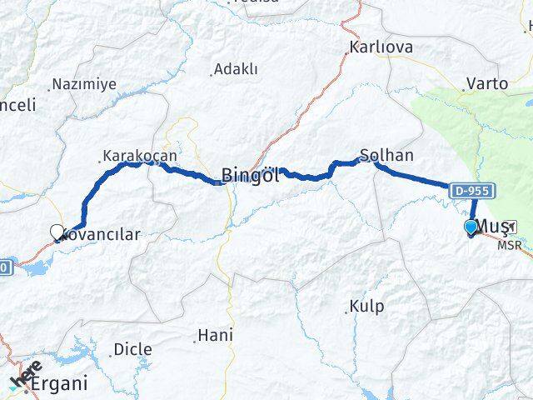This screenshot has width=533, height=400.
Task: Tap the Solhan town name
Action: (x=386, y=155)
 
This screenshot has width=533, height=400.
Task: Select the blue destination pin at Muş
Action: (x=471, y=227)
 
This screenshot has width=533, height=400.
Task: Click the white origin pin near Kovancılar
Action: (x=57, y=232)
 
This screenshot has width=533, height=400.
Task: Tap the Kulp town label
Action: (x=367, y=307)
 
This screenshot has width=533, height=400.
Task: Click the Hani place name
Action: (x=215, y=337)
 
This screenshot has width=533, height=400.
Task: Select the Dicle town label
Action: (x=133, y=348)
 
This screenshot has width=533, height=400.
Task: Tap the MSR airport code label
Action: (x=509, y=245)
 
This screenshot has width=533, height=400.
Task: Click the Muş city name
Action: (x=493, y=227)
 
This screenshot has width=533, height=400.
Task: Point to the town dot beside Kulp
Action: (x=346, y=313)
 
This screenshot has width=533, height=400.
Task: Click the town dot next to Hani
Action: (x=196, y=340)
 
